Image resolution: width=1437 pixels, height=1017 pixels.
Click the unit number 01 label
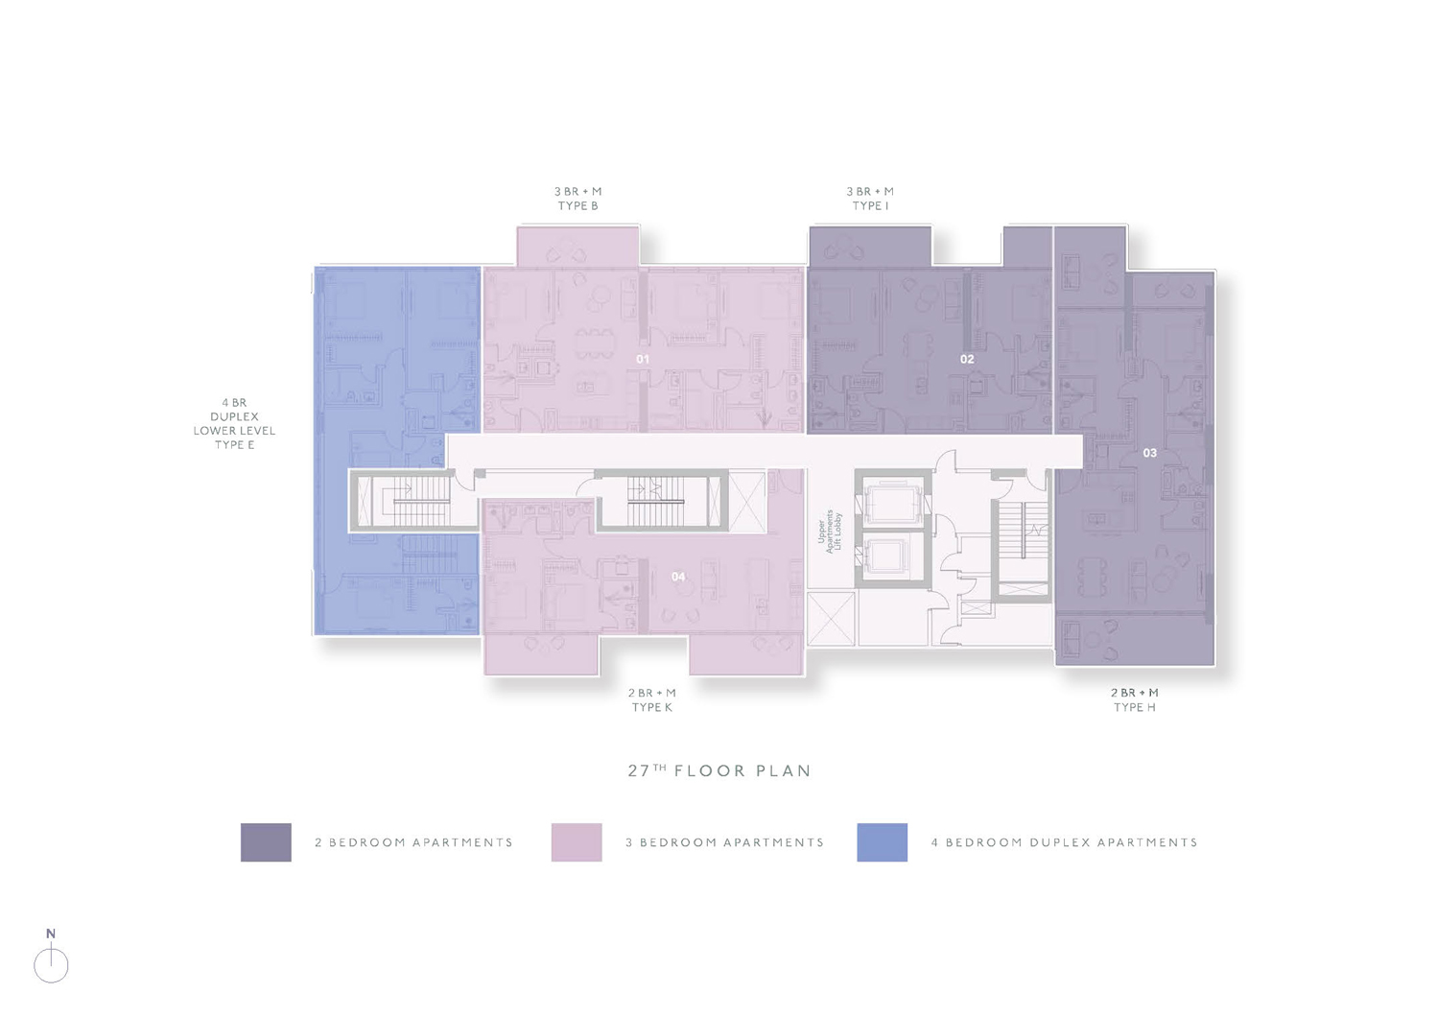[642, 360]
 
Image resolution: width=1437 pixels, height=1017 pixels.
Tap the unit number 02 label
[967, 360]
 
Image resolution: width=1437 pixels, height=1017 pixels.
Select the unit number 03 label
[1149, 453]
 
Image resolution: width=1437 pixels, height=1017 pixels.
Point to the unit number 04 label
[678, 577]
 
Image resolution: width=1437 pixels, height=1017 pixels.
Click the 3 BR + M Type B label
[578, 199]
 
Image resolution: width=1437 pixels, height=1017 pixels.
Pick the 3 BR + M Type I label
[870, 199]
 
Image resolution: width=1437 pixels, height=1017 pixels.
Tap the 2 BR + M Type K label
[651, 700]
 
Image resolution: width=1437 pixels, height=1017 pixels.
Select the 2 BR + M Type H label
[1134, 700]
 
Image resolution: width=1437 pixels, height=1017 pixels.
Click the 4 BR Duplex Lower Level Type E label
[234, 423]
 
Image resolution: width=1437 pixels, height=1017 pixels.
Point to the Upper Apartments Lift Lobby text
[829, 532]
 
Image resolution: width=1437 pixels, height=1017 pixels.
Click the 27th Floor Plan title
[719, 770]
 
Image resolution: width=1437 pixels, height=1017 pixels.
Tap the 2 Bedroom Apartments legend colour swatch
[266, 841]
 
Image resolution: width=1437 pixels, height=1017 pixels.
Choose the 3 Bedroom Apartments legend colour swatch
[577, 841]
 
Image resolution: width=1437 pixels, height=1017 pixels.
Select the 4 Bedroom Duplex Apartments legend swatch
[883, 841]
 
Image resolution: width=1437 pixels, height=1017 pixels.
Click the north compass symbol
[51, 958]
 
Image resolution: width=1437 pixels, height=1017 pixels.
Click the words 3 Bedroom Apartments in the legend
[724, 842]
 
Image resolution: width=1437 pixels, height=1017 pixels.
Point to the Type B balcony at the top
[578, 246]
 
